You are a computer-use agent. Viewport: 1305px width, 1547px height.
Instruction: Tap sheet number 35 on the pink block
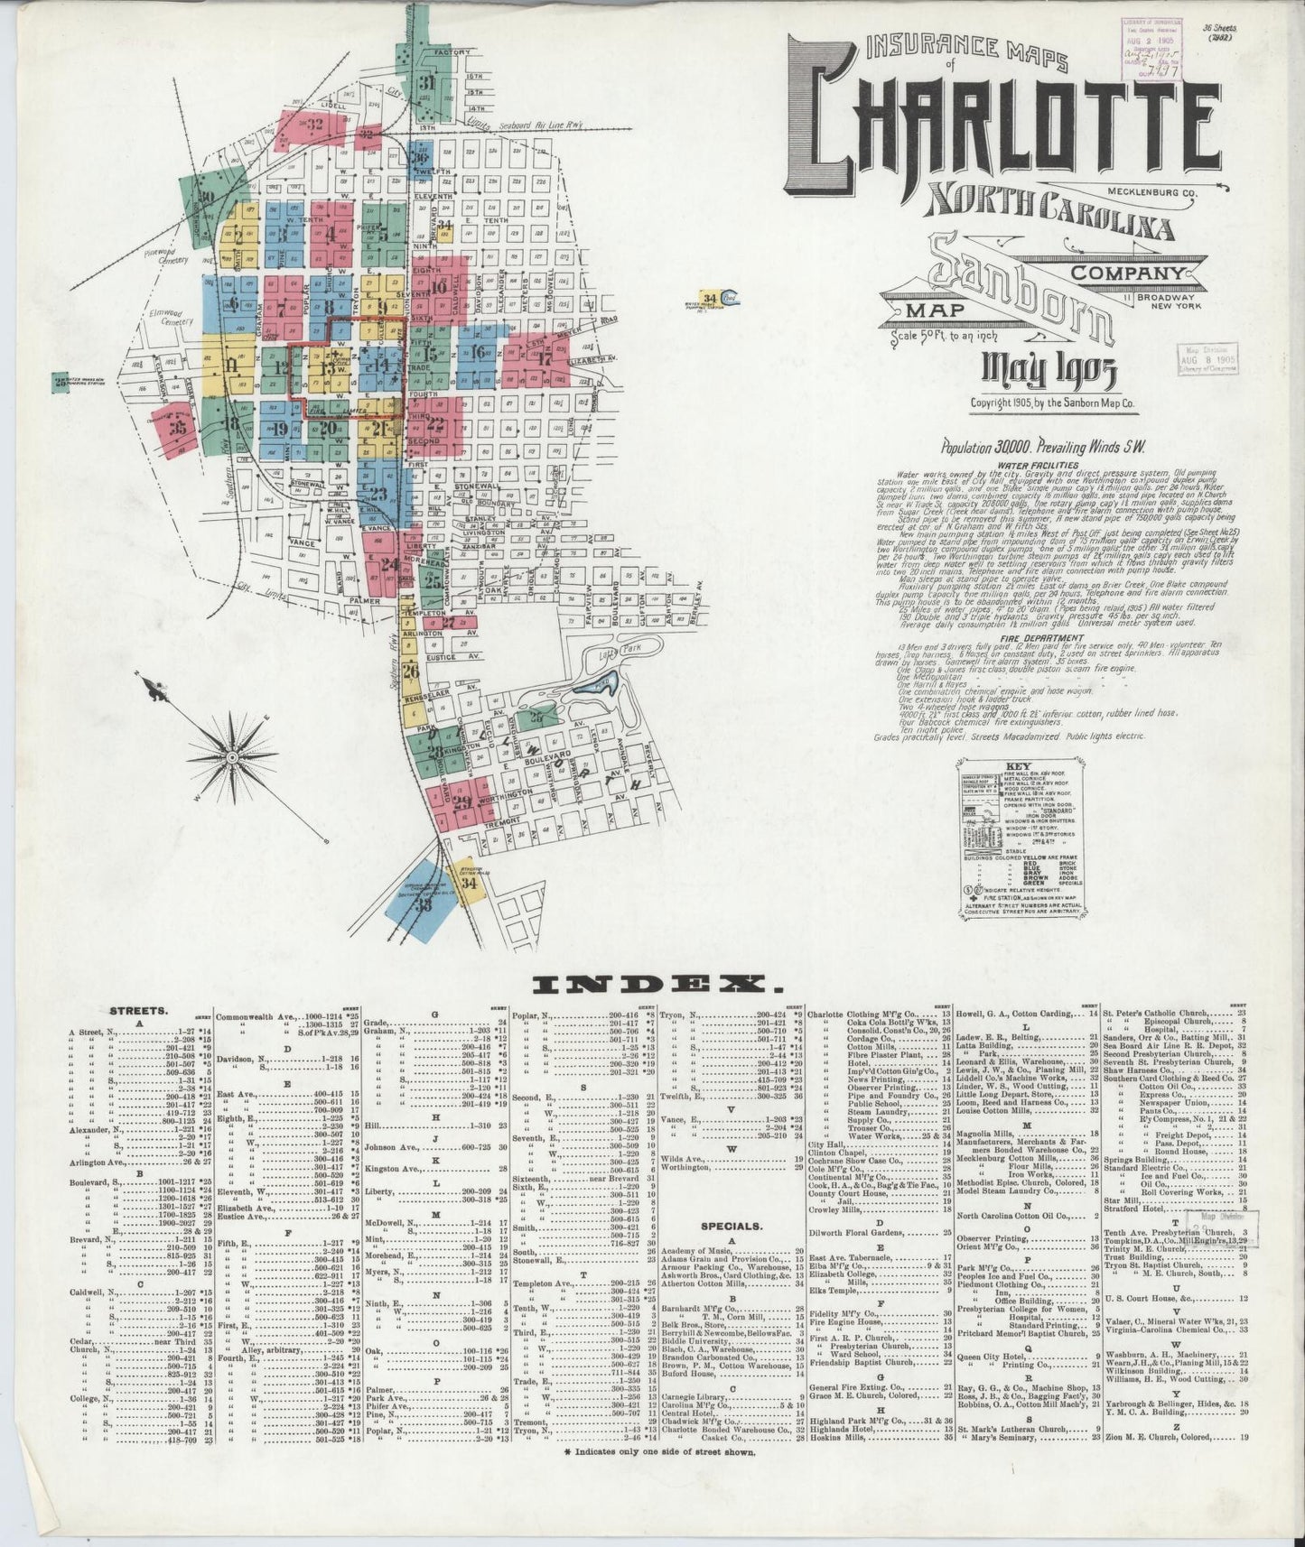[x=177, y=429]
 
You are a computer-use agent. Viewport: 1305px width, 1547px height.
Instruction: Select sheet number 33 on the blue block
[x=423, y=905]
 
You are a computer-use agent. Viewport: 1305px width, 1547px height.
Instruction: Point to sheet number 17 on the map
[x=545, y=357]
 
